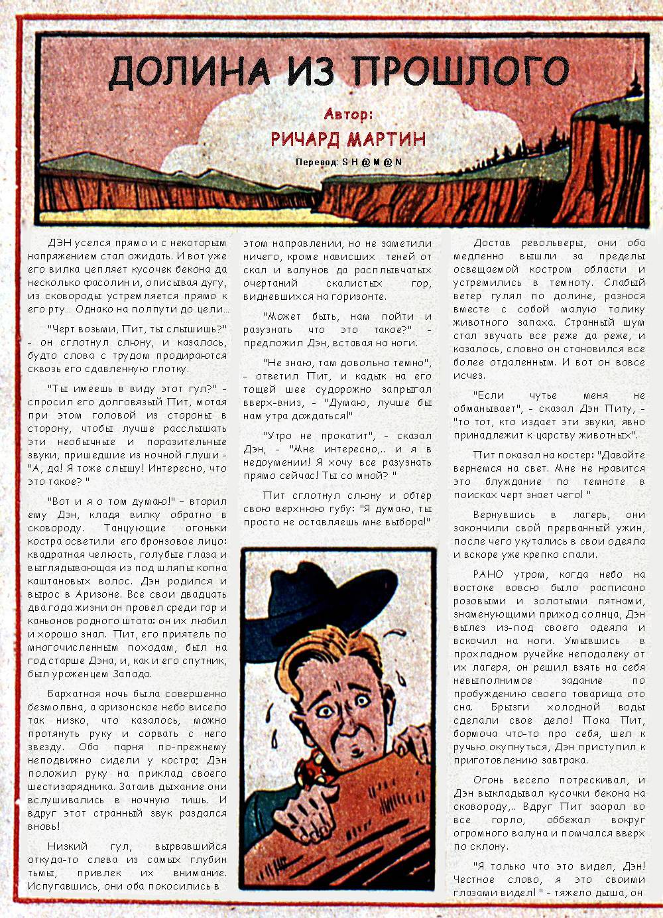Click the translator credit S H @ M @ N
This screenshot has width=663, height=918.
point(372,162)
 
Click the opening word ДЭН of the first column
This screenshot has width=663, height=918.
point(61,243)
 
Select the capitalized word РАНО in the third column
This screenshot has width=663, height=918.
point(488,574)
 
